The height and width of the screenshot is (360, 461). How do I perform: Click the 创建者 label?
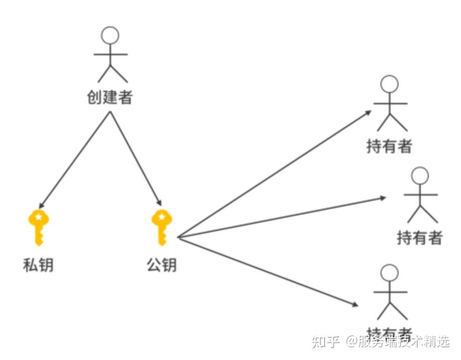110,97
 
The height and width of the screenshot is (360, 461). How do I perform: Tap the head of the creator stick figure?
110,35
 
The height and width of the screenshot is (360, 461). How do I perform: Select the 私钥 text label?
38,264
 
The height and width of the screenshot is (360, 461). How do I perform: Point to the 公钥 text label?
162,264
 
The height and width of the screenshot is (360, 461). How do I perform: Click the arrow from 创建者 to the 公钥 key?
136,158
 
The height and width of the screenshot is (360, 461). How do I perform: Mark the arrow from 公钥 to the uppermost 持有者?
275,173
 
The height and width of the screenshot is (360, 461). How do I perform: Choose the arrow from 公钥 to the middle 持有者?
282,217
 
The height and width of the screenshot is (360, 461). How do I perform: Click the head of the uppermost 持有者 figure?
390,84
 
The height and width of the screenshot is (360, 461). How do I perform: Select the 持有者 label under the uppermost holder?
390,146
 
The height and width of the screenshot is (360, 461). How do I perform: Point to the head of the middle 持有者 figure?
420,175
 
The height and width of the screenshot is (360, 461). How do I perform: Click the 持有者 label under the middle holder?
420,237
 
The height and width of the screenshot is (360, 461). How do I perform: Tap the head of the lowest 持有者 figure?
390,273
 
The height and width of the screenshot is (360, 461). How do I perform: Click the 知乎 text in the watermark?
326,342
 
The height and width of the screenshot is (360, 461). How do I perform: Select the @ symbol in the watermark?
350,342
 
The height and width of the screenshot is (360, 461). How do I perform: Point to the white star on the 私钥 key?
38,217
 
